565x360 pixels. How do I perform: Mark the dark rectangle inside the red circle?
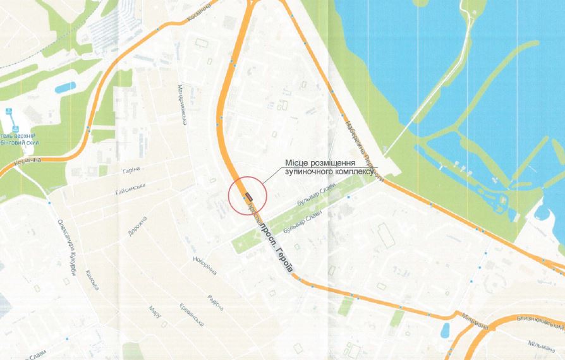point(248,196)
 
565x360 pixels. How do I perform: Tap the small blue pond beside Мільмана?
point(446,329)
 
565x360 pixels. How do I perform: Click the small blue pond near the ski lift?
point(65,87)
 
